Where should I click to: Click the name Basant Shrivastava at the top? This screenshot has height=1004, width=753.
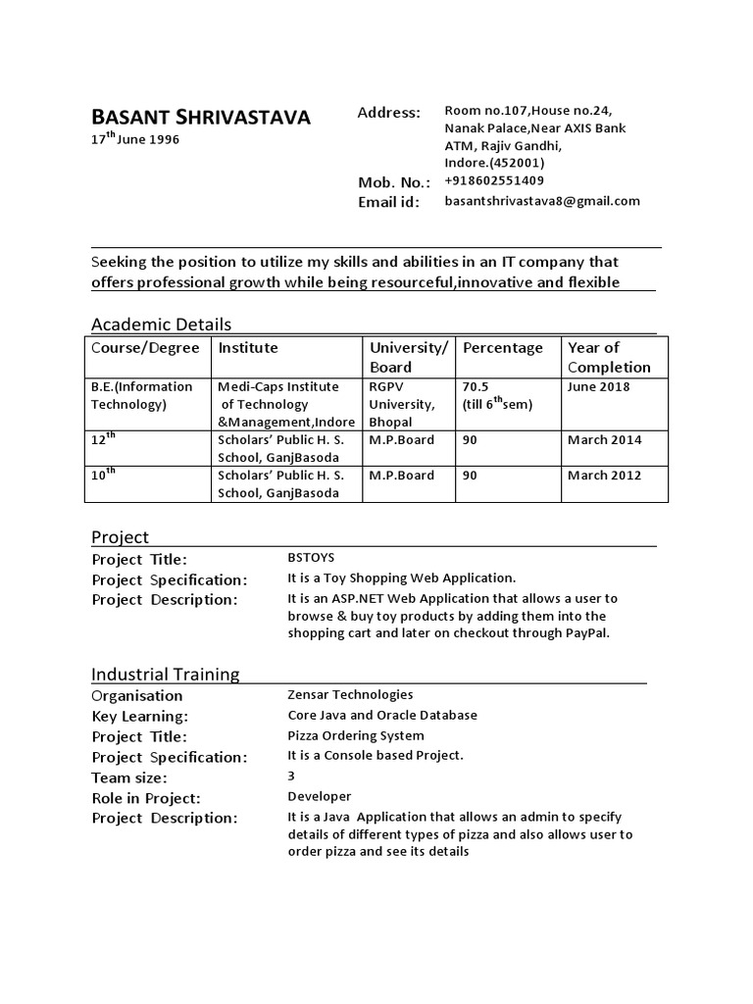[200, 118]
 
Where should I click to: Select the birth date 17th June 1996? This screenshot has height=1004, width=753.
[135, 139]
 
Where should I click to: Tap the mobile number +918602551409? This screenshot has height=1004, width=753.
[494, 181]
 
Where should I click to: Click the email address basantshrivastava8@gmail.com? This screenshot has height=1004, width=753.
[542, 201]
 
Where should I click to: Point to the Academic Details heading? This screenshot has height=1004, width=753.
[161, 325]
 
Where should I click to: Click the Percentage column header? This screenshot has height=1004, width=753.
[502, 348]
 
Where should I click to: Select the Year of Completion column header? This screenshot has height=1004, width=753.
[608, 357]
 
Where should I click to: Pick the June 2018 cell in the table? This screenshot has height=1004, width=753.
[598, 386]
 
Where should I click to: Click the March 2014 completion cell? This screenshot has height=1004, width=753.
[604, 440]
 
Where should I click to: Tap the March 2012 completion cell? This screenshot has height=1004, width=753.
[604, 476]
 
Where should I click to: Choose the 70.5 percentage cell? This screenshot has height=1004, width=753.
[476, 386]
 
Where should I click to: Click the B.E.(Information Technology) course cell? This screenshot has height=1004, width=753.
[142, 395]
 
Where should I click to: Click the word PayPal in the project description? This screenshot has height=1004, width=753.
[585, 633]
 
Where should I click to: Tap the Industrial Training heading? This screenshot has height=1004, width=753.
[165, 675]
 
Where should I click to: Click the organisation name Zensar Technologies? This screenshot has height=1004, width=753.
[350, 695]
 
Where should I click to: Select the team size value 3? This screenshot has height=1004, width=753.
[291, 777]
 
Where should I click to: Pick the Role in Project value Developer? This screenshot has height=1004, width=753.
[319, 797]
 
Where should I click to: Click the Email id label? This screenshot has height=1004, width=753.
[388, 202]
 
